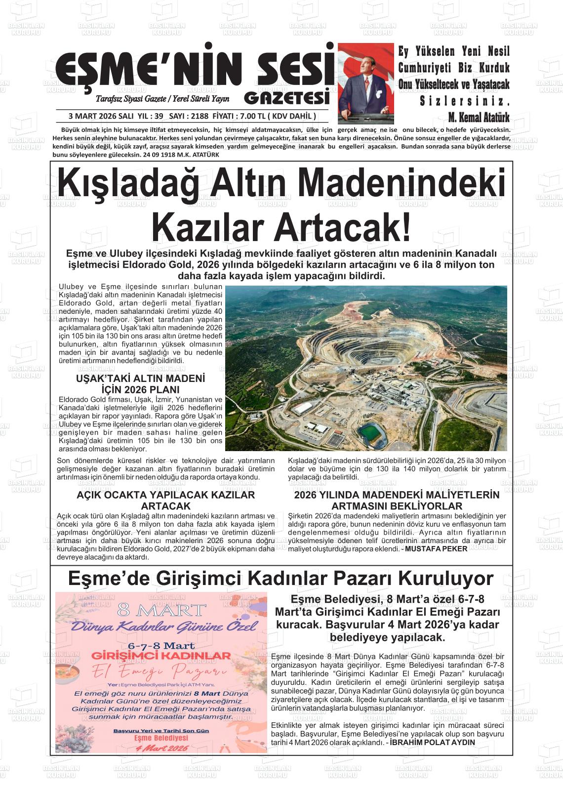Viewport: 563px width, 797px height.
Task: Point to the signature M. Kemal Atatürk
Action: pos(478,118)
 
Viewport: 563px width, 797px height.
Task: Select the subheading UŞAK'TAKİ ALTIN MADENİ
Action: pos(140,379)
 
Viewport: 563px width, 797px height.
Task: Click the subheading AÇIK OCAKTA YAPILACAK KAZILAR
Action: pos(165,495)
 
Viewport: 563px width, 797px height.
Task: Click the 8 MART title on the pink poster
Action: pos(162,609)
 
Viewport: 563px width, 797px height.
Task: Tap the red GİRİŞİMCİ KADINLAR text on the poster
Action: pos(161,656)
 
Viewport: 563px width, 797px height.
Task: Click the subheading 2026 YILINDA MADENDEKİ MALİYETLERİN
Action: pos(397,495)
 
